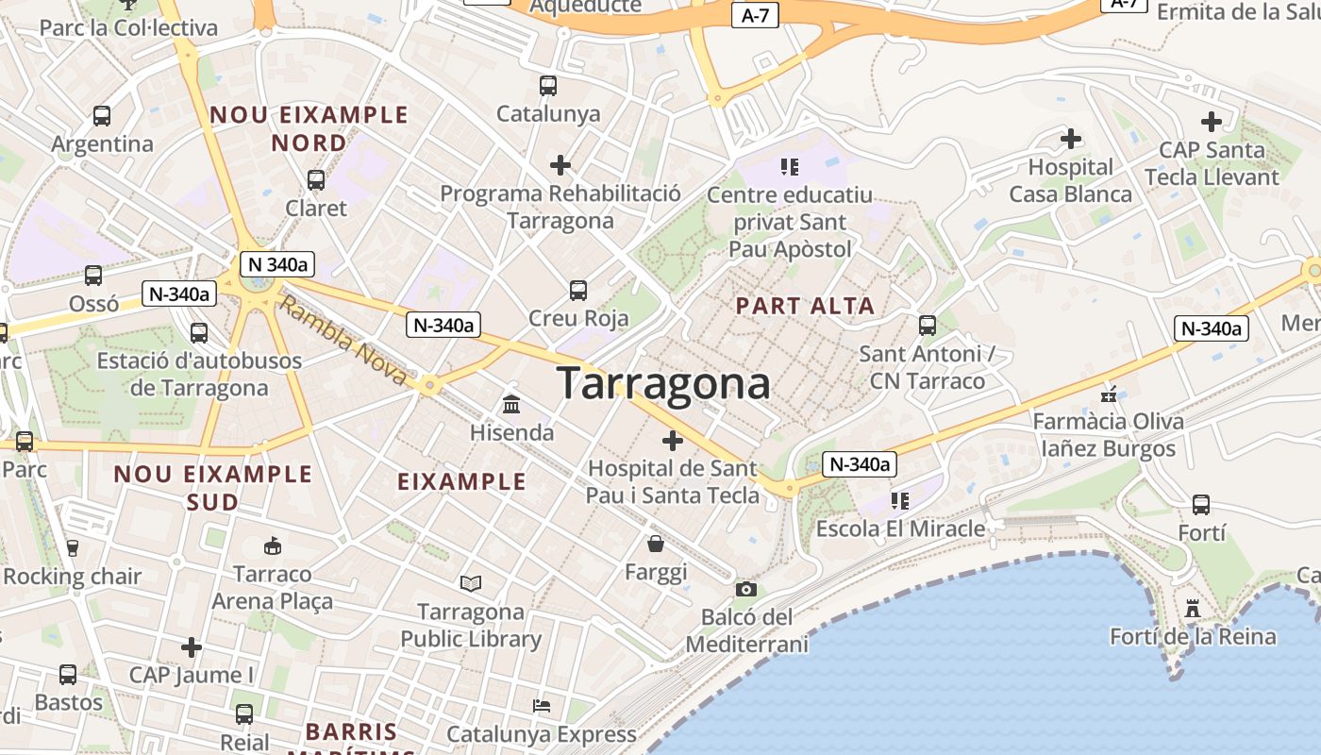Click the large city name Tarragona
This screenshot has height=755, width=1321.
[663, 384]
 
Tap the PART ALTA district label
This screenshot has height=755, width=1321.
[805, 306]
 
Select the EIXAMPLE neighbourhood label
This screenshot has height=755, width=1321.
[461, 481]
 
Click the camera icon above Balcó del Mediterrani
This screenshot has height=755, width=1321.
[746, 589]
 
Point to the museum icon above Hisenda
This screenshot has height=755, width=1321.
[511, 405]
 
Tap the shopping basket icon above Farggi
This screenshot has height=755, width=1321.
[656, 544]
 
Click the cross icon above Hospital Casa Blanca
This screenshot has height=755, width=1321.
[1070, 140]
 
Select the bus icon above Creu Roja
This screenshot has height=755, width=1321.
[578, 291]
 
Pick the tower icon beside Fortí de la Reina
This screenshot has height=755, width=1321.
[1193, 609]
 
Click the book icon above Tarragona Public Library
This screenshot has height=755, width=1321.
[470, 584]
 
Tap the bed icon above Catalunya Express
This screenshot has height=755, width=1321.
[541, 705]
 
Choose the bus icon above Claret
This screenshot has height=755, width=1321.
[316, 179]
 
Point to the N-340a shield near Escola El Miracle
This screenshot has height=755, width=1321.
[858, 464]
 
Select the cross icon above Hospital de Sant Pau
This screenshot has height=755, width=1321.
[673, 441]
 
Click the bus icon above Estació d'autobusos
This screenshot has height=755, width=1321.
[199, 333]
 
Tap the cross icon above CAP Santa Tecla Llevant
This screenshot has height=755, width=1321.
[1212, 122]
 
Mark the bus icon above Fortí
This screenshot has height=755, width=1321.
[1201, 505]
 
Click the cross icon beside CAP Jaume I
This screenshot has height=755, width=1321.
[192, 647]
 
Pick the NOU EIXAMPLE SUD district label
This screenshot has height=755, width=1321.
[213, 487]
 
